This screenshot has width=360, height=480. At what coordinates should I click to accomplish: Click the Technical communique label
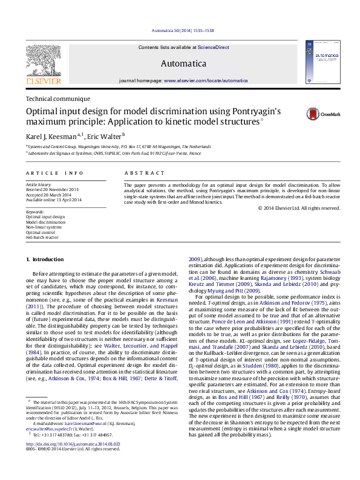[x=58, y=99]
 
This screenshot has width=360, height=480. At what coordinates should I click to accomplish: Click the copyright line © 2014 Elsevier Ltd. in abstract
[x=299, y=209]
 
